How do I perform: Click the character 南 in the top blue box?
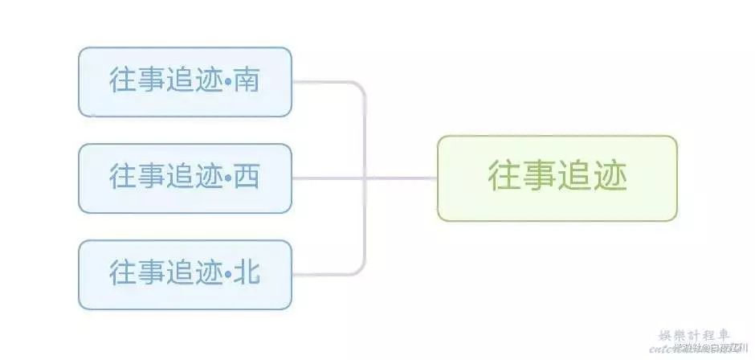(247, 81)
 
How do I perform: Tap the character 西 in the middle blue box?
(247, 178)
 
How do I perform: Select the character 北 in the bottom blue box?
(247, 274)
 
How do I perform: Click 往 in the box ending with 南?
(123, 81)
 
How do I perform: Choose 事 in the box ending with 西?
(151, 178)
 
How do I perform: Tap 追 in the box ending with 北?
(180, 274)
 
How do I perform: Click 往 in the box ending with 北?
(123, 274)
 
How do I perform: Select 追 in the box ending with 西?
(180, 178)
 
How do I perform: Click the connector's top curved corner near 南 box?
(361, 87)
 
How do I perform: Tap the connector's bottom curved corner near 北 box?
(361, 269)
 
